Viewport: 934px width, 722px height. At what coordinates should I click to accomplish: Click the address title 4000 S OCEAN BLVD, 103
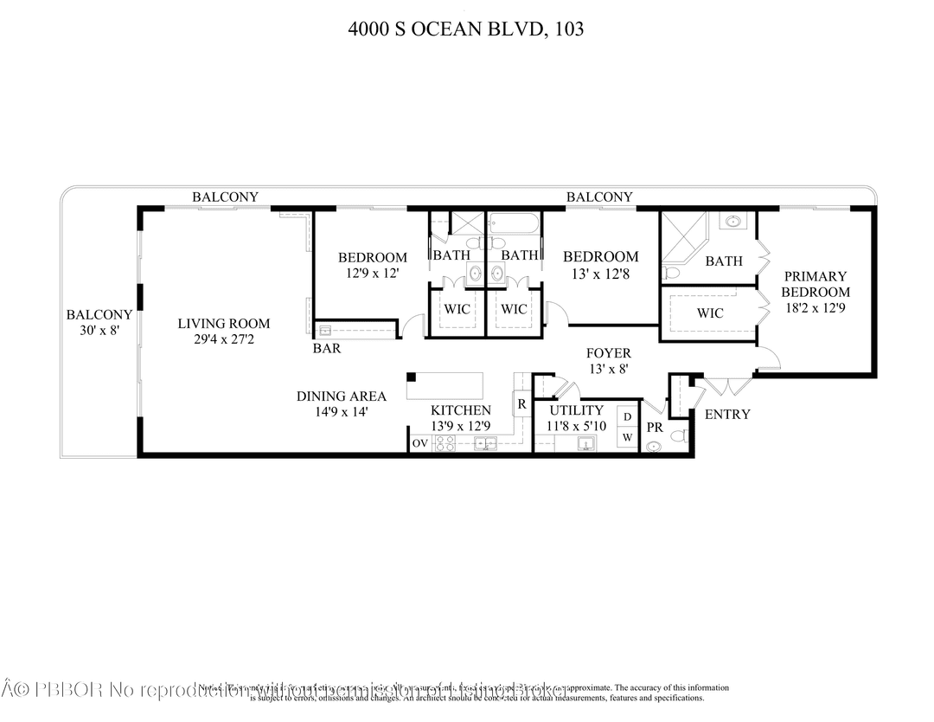(x=466, y=29)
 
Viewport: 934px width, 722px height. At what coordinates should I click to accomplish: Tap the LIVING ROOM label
(x=224, y=324)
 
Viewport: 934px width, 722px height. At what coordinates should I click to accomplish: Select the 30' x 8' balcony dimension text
(x=99, y=331)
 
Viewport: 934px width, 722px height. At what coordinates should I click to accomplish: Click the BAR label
(x=327, y=349)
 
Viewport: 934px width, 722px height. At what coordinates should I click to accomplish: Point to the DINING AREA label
(x=342, y=396)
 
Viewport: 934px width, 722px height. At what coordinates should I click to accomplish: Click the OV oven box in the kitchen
(x=420, y=443)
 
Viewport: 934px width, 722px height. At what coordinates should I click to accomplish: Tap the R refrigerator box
(x=522, y=403)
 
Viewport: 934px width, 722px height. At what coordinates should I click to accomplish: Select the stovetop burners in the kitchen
(x=444, y=443)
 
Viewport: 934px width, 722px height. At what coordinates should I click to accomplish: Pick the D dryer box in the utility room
(x=628, y=417)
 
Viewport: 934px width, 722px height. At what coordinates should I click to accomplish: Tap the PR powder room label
(x=655, y=428)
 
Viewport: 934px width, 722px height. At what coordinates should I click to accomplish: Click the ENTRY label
(x=727, y=415)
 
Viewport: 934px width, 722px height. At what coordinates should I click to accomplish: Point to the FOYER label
(x=608, y=353)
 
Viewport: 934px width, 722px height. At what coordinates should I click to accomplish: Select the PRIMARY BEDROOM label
(x=816, y=284)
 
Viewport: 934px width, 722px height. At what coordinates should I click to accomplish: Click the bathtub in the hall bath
(x=514, y=225)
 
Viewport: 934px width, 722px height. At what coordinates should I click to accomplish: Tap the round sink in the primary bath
(x=733, y=222)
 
